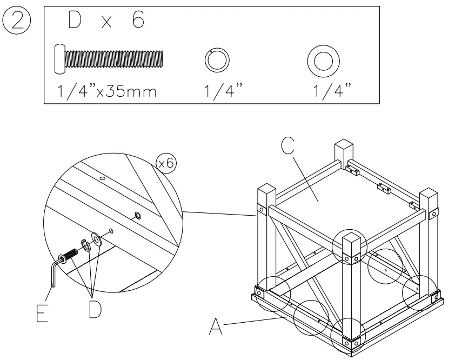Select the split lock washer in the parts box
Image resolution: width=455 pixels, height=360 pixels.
217,59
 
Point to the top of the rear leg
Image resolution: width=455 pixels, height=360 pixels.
344,146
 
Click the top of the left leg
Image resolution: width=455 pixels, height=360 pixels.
266,192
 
